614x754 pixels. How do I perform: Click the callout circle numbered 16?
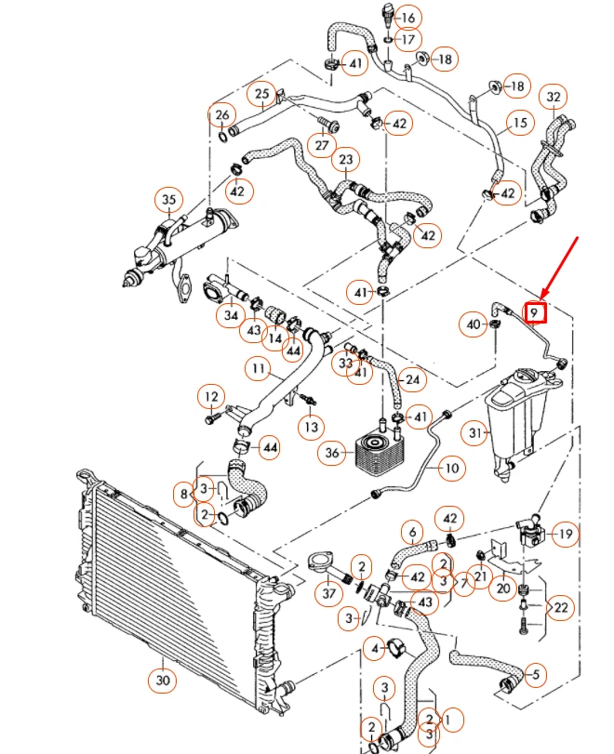pyautogui.click(x=408, y=17)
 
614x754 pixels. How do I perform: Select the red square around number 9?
pyautogui.click(x=536, y=311)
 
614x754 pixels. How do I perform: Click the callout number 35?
pyautogui.click(x=168, y=200)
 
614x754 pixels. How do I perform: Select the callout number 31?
pyautogui.click(x=476, y=432)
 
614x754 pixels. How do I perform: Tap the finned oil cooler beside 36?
pyautogui.click(x=381, y=453)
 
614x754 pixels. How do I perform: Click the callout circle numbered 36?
pyautogui.click(x=330, y=453)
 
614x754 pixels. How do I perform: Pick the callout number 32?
pyautogui.click(x=555, y=97)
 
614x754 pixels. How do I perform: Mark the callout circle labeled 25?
pyautogui.click(x=261, y=94)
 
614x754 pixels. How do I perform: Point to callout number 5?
pyautogui.click(x=536, y=674)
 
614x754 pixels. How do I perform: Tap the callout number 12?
pyautogui.click(x=211, y=397)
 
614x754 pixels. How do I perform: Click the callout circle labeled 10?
pyautogui.click(x=451, y=468)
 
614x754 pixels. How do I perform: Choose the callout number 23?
pyautogui.click(x=347, y=160)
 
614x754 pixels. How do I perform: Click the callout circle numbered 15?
pyautogui.click(x=519, y=122)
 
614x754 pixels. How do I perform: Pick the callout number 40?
pyautogui.click(x=474, y=324)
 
